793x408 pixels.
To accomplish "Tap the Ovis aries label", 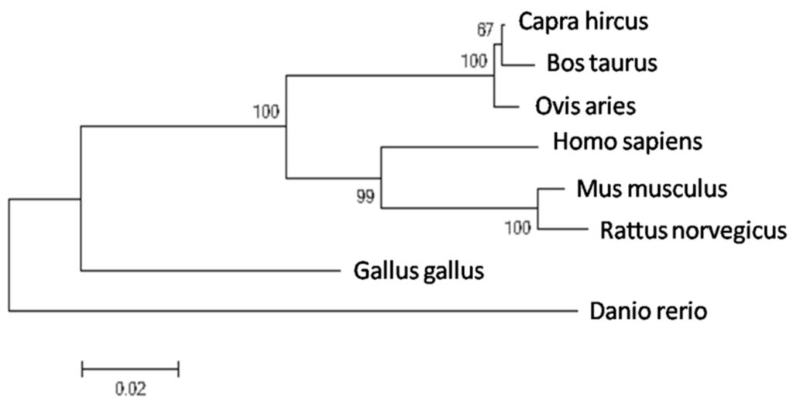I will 585,105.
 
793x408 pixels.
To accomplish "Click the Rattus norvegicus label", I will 691,230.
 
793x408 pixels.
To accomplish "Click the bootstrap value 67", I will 486,30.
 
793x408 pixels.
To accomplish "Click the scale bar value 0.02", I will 129,388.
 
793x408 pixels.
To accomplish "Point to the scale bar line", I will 130,368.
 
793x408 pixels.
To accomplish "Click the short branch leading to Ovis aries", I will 506,105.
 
